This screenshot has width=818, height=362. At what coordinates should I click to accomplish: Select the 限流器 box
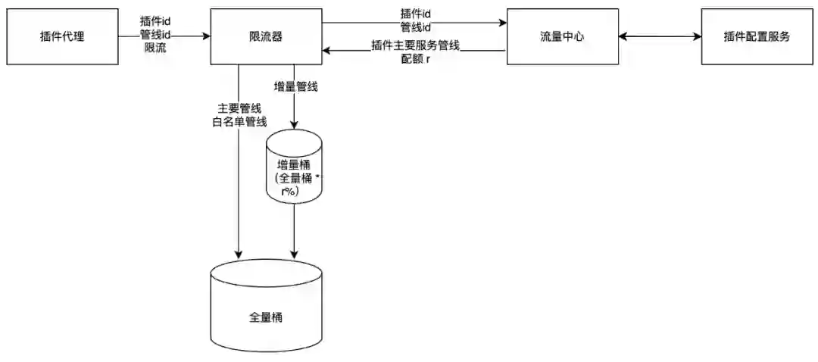(265, 36)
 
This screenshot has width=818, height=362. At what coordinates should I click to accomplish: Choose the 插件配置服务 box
(757, 36)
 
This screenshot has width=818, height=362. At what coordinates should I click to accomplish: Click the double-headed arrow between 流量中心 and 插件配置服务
(659, 36)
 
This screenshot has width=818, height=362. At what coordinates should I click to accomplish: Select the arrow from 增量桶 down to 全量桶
(294, 231)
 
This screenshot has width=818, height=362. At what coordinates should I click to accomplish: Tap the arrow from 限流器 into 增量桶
(294, 114)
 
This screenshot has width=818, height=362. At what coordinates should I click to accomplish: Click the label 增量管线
(295, 87)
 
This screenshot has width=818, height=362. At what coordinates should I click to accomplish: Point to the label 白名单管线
(239, 121)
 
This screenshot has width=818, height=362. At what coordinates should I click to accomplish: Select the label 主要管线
(239, 108)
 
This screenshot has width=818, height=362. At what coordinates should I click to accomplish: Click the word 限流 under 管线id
(155, 48)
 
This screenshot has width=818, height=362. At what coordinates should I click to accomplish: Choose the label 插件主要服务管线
(416, 45)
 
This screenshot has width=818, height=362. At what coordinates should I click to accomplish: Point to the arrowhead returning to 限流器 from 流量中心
(326, 51)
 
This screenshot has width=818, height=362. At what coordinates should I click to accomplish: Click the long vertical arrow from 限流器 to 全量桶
(239, 189)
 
